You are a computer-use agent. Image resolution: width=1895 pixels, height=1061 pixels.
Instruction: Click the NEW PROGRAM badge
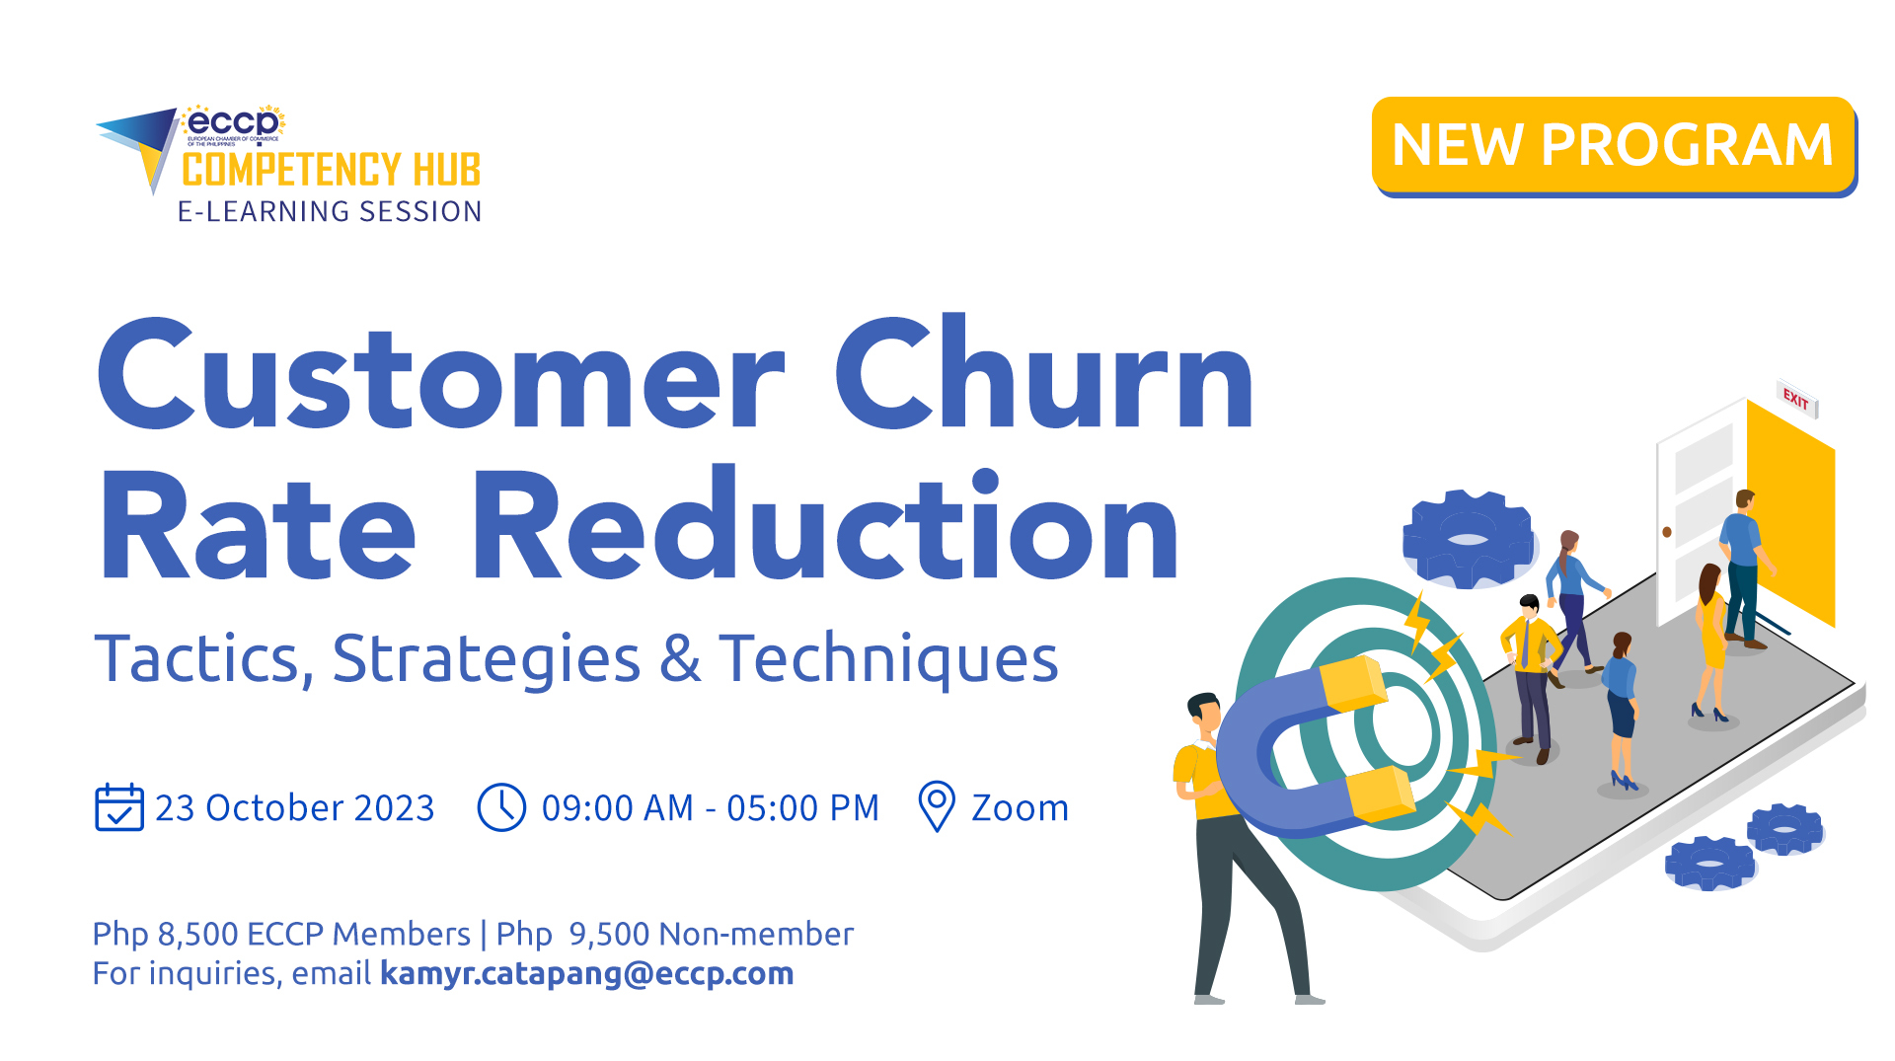[1613, 145]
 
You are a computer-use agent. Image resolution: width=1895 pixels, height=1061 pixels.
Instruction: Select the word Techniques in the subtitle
[888, 658]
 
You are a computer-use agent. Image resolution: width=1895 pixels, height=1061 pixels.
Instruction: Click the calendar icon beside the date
[118, 807]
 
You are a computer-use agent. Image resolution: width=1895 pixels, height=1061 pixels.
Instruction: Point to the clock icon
[501, 807]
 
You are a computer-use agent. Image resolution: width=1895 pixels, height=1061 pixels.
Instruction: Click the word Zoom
[1020, 808]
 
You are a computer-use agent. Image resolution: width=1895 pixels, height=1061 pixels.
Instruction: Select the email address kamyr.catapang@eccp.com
[586, 973]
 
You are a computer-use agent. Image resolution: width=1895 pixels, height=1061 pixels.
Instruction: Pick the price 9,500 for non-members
[608, 934]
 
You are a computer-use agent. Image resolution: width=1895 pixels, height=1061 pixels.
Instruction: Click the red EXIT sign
[1796, 399]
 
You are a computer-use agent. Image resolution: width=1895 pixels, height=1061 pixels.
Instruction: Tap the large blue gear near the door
[1469, 539]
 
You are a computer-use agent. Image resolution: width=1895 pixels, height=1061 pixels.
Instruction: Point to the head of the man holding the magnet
[1204, 713]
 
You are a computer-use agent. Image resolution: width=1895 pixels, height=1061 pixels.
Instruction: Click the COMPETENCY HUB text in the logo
[331, 170]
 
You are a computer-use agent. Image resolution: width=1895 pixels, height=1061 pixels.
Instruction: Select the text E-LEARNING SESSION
[329, 211]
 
